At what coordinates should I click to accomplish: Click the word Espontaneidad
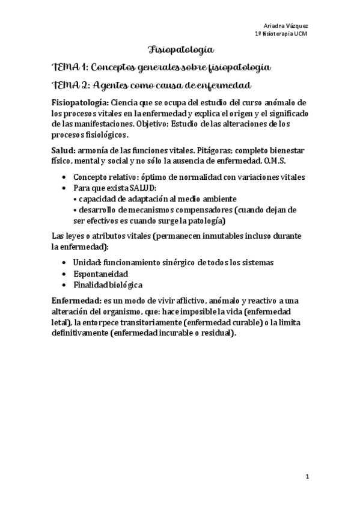pyautogui.click(x=100, y=274)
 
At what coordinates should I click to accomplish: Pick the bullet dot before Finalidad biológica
pyautogui.click(x=64, y=284)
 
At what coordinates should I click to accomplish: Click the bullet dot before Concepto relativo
pyautogui.click(x=64, y=177)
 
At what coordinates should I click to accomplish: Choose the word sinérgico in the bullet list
pyautogui.click(x=184, y=263)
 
